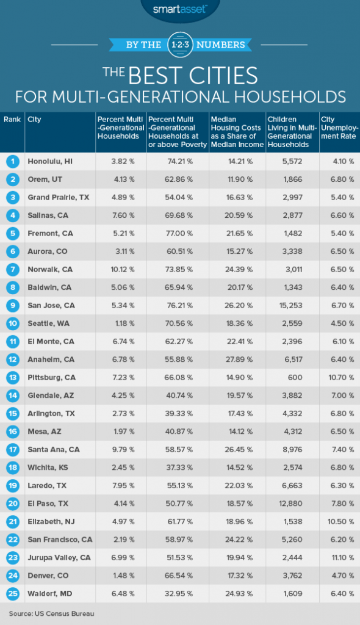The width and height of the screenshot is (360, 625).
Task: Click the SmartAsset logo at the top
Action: click(180, 9)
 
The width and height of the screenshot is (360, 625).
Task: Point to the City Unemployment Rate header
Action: click(339, 128)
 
